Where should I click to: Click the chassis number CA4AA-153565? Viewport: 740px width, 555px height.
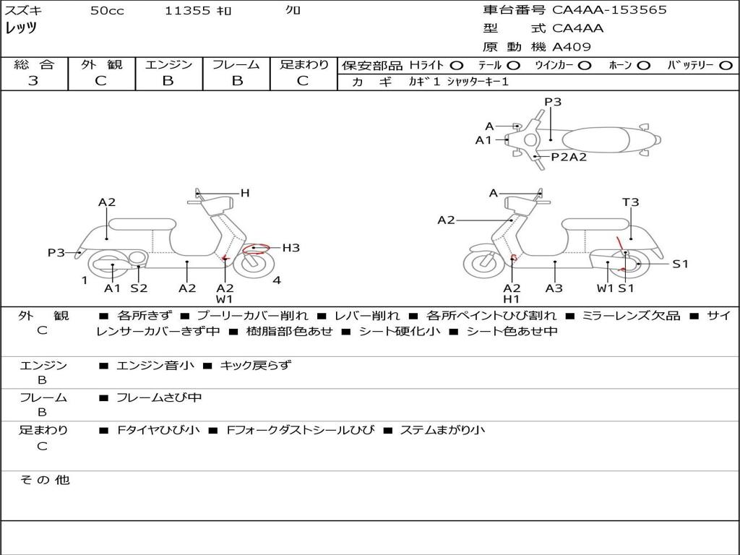point(609,10)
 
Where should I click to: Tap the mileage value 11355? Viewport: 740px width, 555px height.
point(188,11)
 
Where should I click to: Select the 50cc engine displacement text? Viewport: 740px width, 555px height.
point(107,11)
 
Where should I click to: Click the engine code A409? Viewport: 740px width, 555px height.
point(572,47)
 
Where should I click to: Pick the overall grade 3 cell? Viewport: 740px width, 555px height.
point(33,81)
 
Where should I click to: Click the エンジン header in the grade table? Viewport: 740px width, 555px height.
point(168,64)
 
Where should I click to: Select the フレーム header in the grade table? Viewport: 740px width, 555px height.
point(236,64)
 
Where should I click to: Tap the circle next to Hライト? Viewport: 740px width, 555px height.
point(457,65)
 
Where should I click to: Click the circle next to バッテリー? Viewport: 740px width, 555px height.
point(726,65)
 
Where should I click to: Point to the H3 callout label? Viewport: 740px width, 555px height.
point(291,248)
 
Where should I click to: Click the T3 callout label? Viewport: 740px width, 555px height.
point(630,202)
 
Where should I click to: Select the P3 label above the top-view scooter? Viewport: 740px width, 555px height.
point(553,102)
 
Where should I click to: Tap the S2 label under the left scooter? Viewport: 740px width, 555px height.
point(139,288)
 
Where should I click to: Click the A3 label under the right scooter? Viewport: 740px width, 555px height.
point(554,288)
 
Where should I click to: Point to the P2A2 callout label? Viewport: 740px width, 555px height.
point(569,157)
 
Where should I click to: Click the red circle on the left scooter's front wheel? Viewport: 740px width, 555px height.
point(254,249)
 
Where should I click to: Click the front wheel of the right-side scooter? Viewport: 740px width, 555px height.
point(483,263)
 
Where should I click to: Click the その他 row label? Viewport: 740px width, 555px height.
point(44,480)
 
